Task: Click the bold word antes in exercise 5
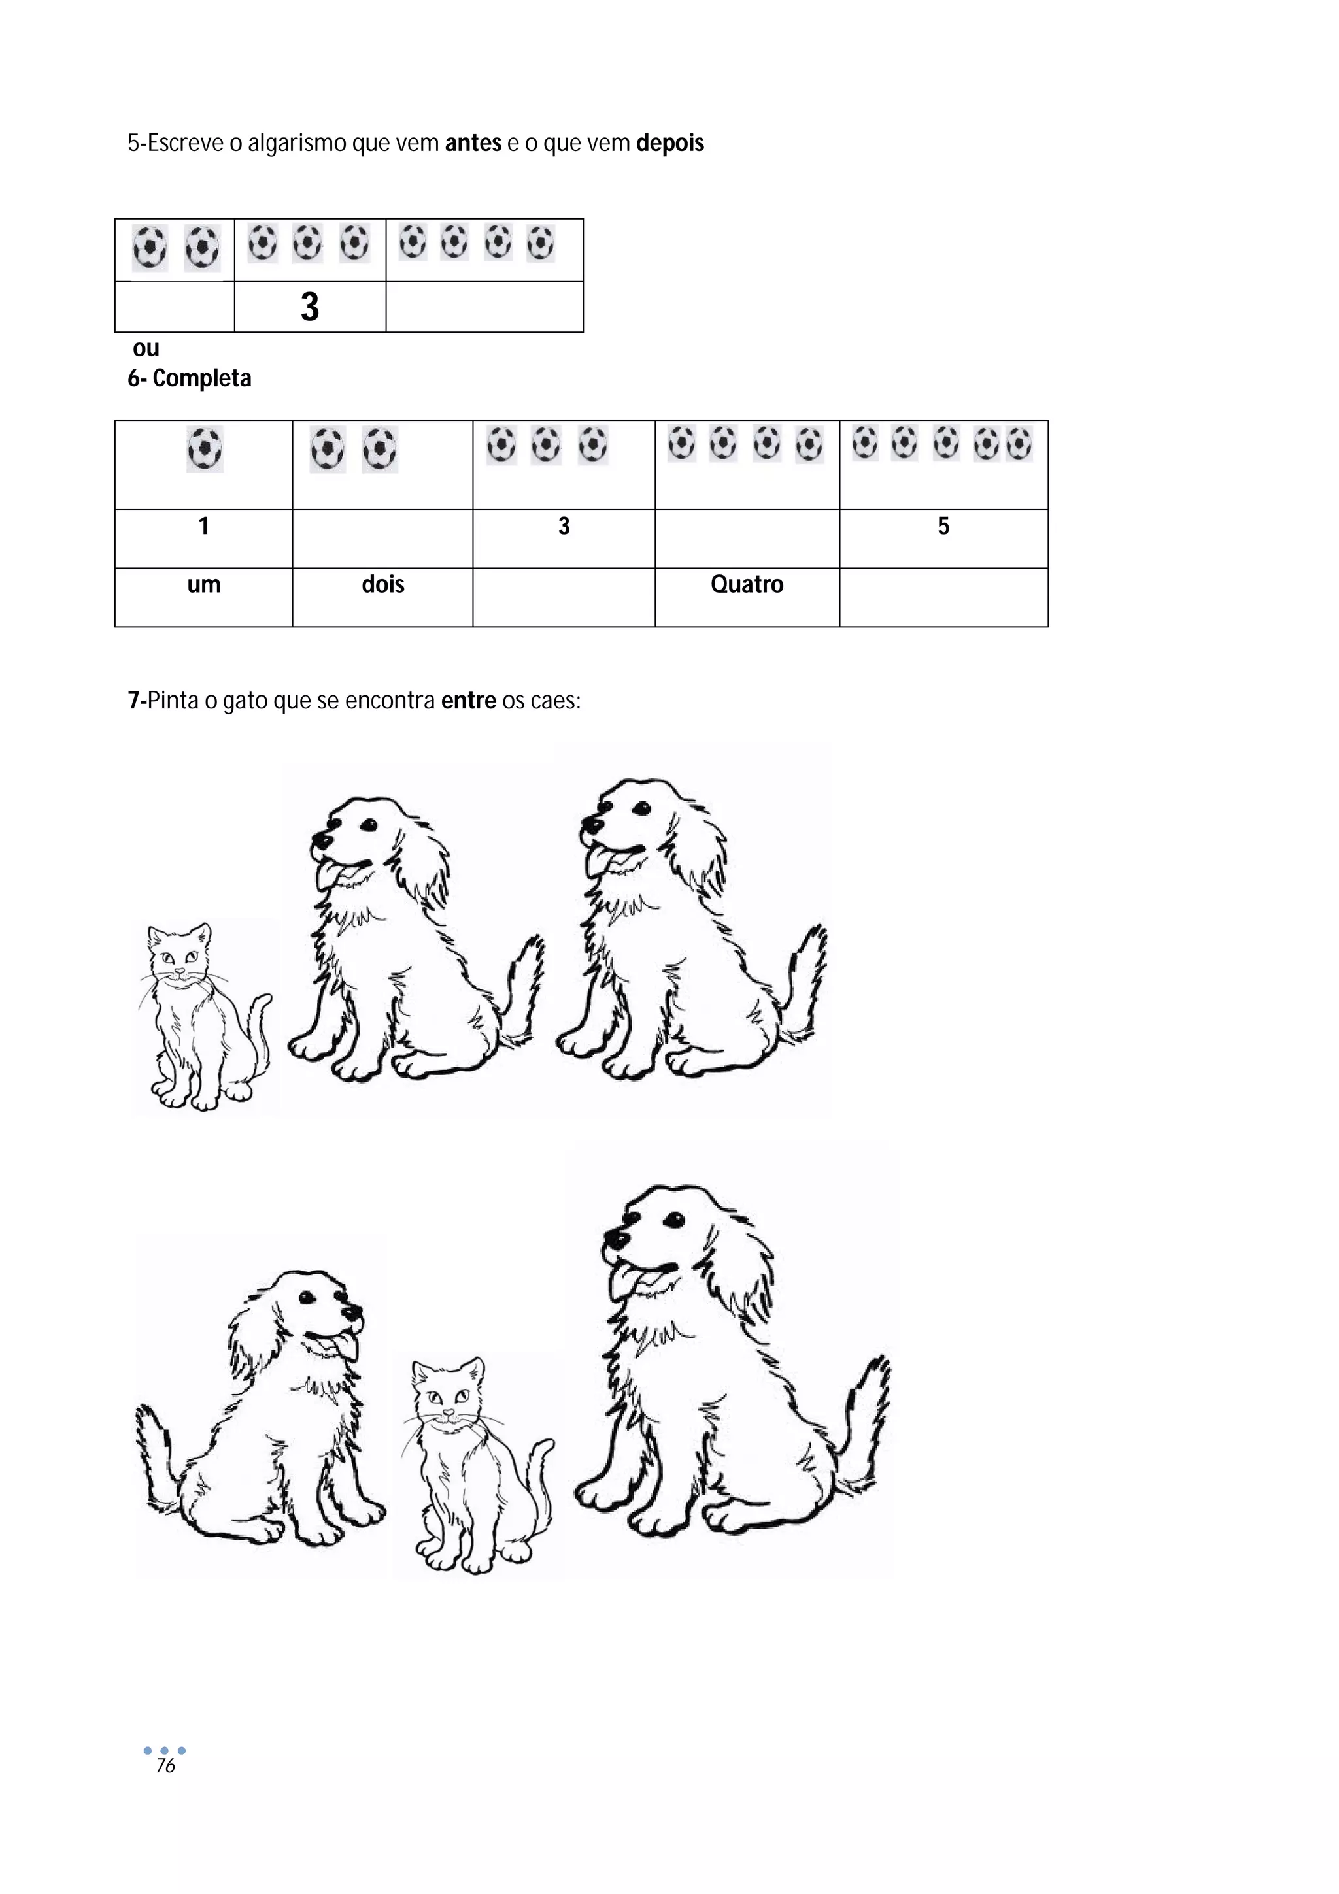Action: tap(473, 144)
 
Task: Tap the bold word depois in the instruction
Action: tap(670, 144)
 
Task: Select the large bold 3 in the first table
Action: tap(309, 307)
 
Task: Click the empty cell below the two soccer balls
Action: tap(175, 307)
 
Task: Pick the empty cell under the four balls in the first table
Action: tap(484, 307)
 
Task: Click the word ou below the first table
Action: tap(146, 349)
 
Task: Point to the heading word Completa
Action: tap(202, 378)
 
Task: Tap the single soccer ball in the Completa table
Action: tap(205, 450)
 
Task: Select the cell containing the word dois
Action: tap(383, 597)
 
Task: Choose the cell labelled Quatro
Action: tap(747, 597)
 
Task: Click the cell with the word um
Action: tap(204, 597)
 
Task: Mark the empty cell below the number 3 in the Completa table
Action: tap(564, 597)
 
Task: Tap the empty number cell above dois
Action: tap(383, 539)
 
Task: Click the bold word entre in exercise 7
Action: tap(469, 701)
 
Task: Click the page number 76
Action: tap(166, 1765)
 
